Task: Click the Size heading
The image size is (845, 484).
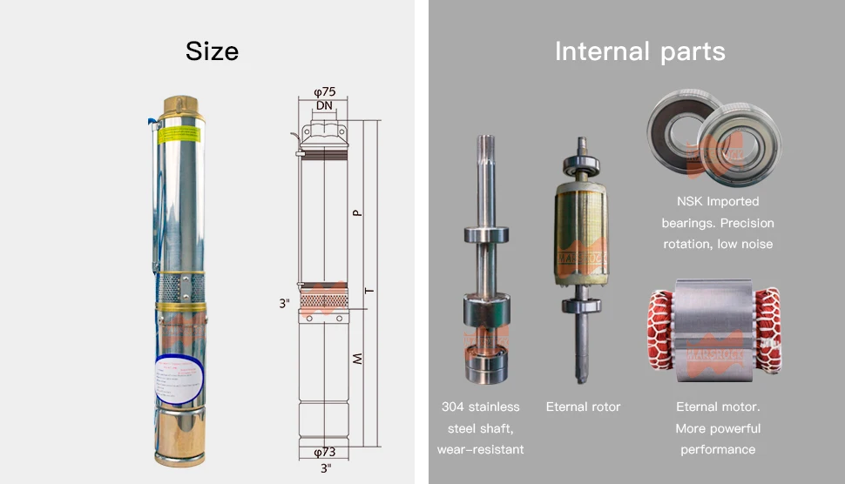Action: (212, 51)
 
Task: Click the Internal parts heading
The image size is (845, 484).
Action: (639, 51)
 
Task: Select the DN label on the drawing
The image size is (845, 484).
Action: (324, 105)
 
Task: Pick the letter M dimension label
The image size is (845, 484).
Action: (357, 359)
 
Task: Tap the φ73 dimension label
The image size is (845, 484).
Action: (324, 452)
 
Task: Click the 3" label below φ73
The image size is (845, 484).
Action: (324, 468)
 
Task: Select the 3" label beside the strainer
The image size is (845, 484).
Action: (284, 304)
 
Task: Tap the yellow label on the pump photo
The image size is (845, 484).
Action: (182, 136)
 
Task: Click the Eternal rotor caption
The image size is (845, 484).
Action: (583, 407)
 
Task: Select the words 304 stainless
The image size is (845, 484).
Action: (480, 407)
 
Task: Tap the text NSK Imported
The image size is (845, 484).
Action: (718, 202)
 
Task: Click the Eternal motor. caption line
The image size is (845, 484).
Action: (718, 407)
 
